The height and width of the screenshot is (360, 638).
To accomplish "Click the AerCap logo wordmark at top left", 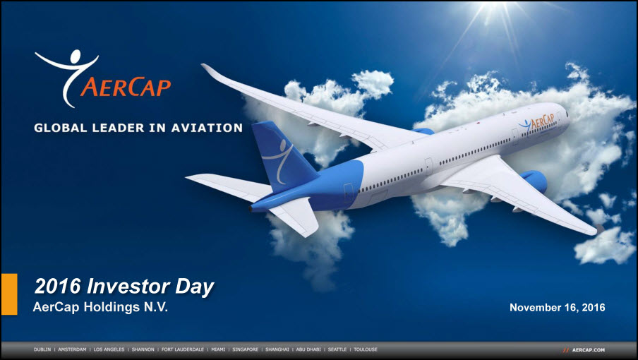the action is [x=126, y=87].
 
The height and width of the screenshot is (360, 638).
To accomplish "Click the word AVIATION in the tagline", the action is [x=207, y=128].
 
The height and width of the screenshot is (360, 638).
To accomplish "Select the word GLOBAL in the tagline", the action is [x=61, y=128].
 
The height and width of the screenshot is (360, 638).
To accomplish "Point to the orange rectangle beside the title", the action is [x=9, y=294].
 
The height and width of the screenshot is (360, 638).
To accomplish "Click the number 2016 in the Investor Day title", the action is [x=58, y=286].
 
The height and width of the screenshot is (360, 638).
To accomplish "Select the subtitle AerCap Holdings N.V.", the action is [x=100, y=307].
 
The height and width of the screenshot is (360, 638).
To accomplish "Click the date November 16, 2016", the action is [x=557, y=308].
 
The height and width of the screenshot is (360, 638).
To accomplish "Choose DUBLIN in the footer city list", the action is [x=42, y=349].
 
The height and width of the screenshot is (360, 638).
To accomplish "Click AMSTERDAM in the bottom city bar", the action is [x=72, y=349].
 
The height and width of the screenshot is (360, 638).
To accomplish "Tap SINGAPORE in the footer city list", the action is [x=246, y=349].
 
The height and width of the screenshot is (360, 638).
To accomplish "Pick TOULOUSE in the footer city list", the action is [x=366, y=349].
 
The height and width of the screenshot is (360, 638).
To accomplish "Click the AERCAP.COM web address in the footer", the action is [x=589, y=350].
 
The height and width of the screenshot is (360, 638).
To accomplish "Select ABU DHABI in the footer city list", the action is [x=308, y=349].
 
